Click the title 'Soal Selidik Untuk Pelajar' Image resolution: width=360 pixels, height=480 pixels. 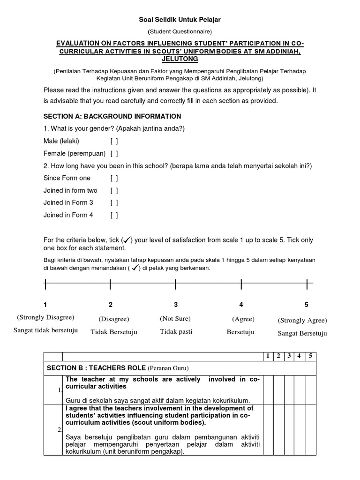point(180,20)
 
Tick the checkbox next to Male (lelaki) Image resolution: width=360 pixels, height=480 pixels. point(114,141)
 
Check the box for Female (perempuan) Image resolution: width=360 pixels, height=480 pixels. point(114,153)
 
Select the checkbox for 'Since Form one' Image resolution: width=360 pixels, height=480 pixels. point(114,178)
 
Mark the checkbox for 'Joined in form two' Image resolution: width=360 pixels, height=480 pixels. point(114,191)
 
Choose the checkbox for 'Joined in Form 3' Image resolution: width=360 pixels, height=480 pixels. point(114,203)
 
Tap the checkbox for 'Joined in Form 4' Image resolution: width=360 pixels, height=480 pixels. point(114,215)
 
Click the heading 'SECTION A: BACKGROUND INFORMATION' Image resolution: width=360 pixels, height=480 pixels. point(112,116)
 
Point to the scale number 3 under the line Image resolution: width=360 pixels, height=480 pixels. point(176,305)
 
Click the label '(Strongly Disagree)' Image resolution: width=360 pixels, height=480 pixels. point(45,317)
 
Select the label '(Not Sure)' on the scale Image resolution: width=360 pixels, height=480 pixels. point(175,319)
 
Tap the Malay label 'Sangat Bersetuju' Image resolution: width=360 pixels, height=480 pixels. point(302,334)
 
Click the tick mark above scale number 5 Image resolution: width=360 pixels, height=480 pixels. point(307,284)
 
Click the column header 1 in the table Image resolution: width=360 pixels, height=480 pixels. point(268,356)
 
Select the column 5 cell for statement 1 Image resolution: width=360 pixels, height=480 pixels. point(311,390)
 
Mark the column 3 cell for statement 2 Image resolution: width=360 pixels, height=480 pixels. point(289,430)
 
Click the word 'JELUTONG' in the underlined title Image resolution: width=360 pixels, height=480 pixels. point(180,59)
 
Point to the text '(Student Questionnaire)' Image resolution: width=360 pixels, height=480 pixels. point(180,32)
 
